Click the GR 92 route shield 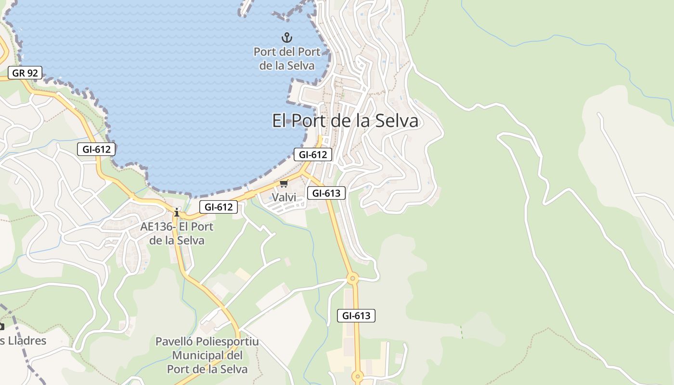[25, 73]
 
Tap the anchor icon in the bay [287, 38]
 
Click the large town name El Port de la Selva [345, 121]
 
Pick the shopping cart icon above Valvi [284, 184]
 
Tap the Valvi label [284, 197]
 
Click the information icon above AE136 [177, 212]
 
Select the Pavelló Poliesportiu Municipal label [207, 355]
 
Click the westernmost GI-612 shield [97, 149]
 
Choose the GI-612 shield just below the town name [313, 154]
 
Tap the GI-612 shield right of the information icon [219, 207]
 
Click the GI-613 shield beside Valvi [326, 193]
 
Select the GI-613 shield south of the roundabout [356, 316]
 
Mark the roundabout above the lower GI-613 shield [353, 278]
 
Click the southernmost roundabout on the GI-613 [357, 376]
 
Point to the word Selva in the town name [397, 121]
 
